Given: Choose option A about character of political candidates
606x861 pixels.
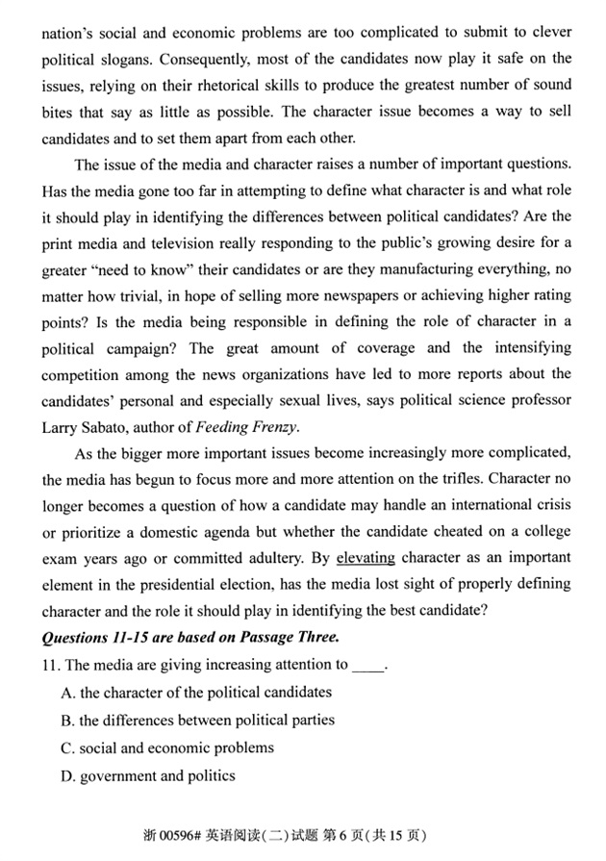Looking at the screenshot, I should [x=195, y=692].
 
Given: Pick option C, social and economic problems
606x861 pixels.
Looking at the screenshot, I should [x=166, y=747].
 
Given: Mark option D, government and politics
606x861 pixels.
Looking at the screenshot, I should [x=147, y=775].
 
